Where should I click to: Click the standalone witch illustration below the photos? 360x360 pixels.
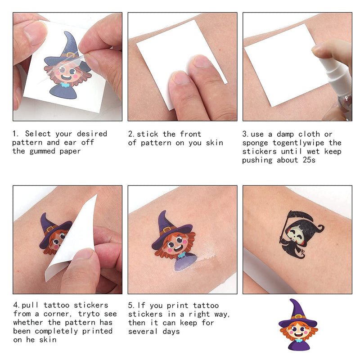(297, 325)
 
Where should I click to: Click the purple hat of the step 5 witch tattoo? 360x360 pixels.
(167, 227)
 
